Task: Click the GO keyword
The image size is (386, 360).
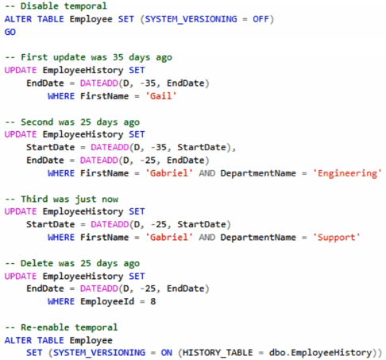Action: (x=10, y=32)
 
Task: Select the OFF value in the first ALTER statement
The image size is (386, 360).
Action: (x=261, y=19)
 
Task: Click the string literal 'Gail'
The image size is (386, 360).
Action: (x=161, y=96)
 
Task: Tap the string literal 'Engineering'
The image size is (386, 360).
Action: (x=347, y=173)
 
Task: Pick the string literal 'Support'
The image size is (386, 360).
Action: (x=337, y=238)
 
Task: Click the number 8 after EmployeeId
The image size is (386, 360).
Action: (x=153, y=301)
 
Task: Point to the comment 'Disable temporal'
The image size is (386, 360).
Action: (x=56, y=6)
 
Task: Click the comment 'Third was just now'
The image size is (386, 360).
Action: (x=61, y=199)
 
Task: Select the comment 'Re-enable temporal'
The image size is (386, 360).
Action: (x=61, y=327)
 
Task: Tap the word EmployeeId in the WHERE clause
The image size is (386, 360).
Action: (x=107, y=301)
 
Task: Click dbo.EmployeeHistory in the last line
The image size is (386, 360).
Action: (x=321, y=353)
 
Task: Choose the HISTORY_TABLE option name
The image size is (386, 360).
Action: (x=218, y=353)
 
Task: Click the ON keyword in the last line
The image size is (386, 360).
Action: (x=167, y=353)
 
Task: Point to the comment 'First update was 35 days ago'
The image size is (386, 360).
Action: (x=88, y=57)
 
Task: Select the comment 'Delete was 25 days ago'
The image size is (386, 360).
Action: (x=72, y=264)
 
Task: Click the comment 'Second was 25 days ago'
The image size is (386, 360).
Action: (x=72, y=122)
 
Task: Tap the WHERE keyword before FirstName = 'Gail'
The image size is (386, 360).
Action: (x=61, y=96)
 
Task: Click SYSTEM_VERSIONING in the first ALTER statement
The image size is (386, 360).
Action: (x=191, y=19)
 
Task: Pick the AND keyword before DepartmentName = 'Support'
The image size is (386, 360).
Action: (x=207, y=238)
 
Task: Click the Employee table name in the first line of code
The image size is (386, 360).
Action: (x=91, y=19)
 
